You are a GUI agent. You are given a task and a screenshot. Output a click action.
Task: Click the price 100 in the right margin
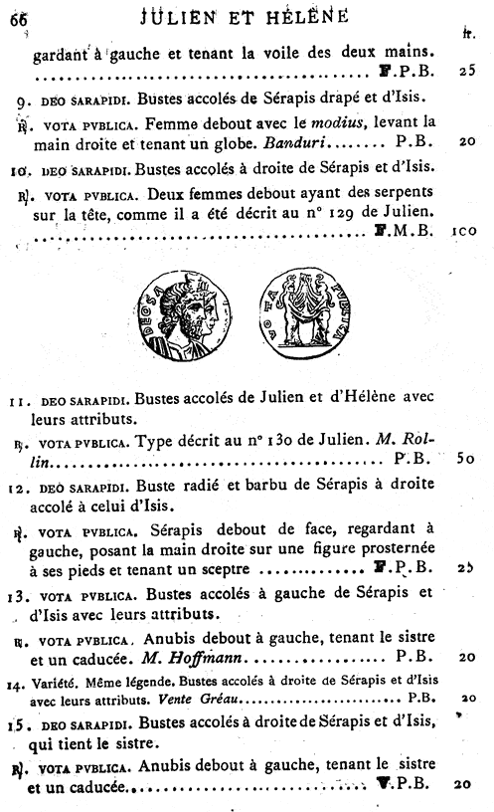466,230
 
